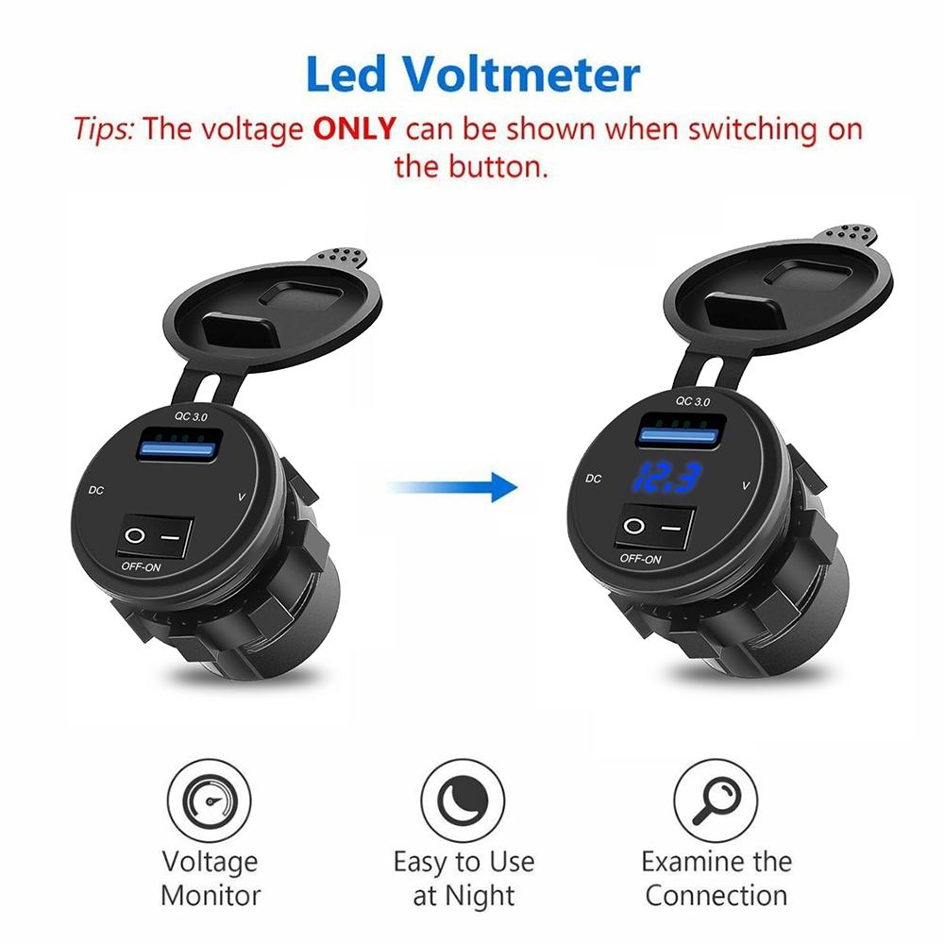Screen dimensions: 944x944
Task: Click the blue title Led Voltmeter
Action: coord(473,76)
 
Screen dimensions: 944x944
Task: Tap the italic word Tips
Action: coord(105,128)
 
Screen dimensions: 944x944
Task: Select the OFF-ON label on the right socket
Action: coord(641,560)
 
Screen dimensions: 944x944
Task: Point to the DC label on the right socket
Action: coord(593,479)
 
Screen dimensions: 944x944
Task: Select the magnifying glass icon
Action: coord(714,801)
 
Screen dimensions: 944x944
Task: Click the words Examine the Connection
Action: coord(716,877)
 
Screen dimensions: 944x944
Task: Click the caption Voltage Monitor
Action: coord(210,877)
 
